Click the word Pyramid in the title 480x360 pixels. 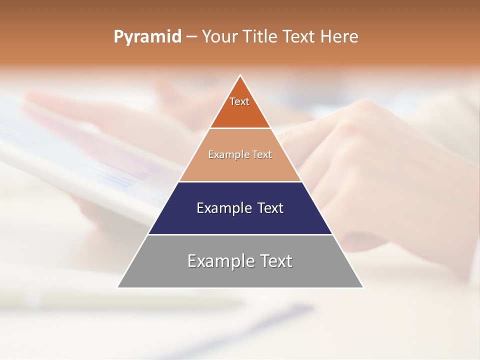point(147,37)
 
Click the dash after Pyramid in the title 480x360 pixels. point(191,37)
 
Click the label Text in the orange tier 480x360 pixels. point(239,101)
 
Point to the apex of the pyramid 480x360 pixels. point(240,75)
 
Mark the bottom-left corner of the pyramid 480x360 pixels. point(117,287)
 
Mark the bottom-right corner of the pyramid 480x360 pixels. point(363,287)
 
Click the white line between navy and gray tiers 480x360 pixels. point(240,234)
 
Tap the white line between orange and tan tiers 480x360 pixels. point(240,128)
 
